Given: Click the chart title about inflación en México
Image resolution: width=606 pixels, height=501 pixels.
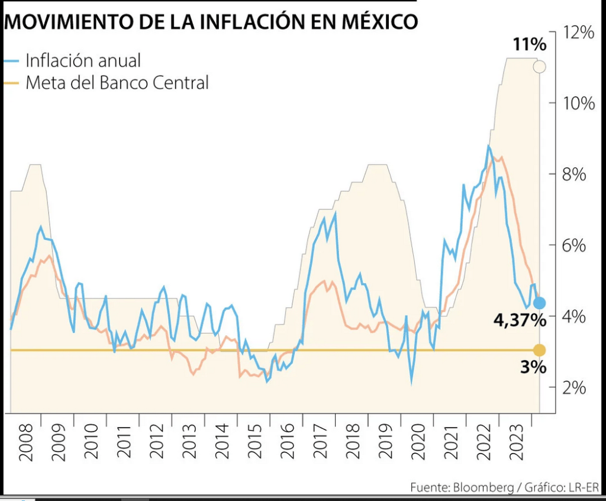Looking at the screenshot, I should (x=211, y=22).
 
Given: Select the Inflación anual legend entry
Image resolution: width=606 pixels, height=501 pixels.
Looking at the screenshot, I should (x=83, y=60).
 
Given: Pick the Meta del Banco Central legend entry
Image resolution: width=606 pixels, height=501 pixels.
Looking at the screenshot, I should (x=117, y=82).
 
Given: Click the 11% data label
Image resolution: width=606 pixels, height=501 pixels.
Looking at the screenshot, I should (x=529, y=44).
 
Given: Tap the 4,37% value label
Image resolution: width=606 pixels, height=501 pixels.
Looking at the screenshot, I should (x=519, y=320).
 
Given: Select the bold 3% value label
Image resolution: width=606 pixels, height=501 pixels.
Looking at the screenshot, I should (x=533, y=367).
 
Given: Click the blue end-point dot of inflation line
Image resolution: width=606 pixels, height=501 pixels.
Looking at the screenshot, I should (x=539, y=303).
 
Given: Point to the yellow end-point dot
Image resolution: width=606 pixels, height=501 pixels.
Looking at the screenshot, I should (x=539, y=350).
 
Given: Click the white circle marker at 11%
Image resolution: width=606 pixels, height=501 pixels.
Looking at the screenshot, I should (x=539, y=66).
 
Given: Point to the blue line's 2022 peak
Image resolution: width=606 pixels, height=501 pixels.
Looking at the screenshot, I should (x=489, y=146).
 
